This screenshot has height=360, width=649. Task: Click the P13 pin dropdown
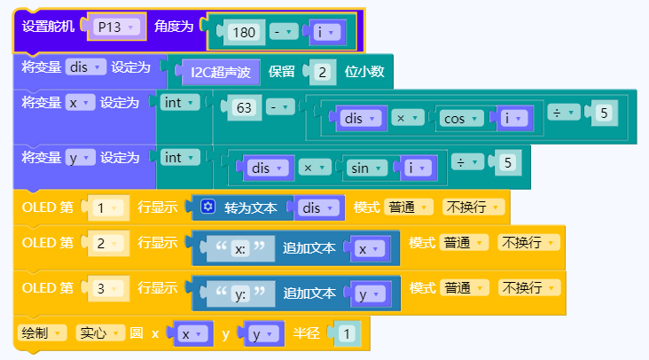116,27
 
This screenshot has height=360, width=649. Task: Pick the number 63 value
242,107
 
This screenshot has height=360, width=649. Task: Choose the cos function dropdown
461,118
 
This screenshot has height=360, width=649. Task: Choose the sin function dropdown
364,167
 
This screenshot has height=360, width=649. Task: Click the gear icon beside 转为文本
208,207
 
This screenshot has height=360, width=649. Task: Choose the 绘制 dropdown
43,333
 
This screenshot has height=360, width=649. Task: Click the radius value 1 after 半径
348,334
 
